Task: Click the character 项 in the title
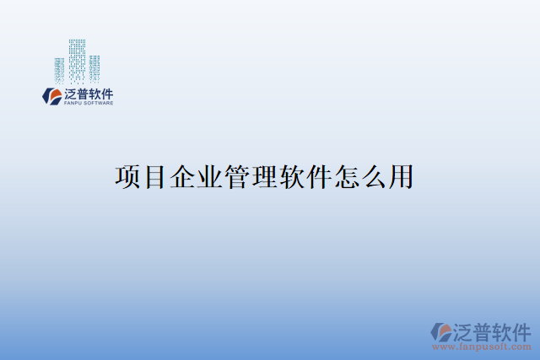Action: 127,178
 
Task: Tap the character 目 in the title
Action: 155,178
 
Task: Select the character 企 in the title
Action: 182,178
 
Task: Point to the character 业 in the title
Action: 210,178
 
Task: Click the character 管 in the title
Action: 237,178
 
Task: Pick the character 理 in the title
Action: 265,178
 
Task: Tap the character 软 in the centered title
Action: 292,178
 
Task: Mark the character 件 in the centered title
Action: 319,178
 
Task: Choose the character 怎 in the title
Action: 347,178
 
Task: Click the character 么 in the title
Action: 374,178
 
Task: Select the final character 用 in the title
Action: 401,178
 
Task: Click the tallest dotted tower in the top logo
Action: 77,59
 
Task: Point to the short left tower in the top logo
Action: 59,68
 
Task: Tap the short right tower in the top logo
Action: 94,67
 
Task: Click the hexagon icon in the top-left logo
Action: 52,96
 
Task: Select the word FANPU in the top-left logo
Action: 73,104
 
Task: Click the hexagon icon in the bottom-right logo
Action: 440,331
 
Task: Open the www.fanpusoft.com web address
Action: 482,347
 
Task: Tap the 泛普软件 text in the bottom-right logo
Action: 492,328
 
